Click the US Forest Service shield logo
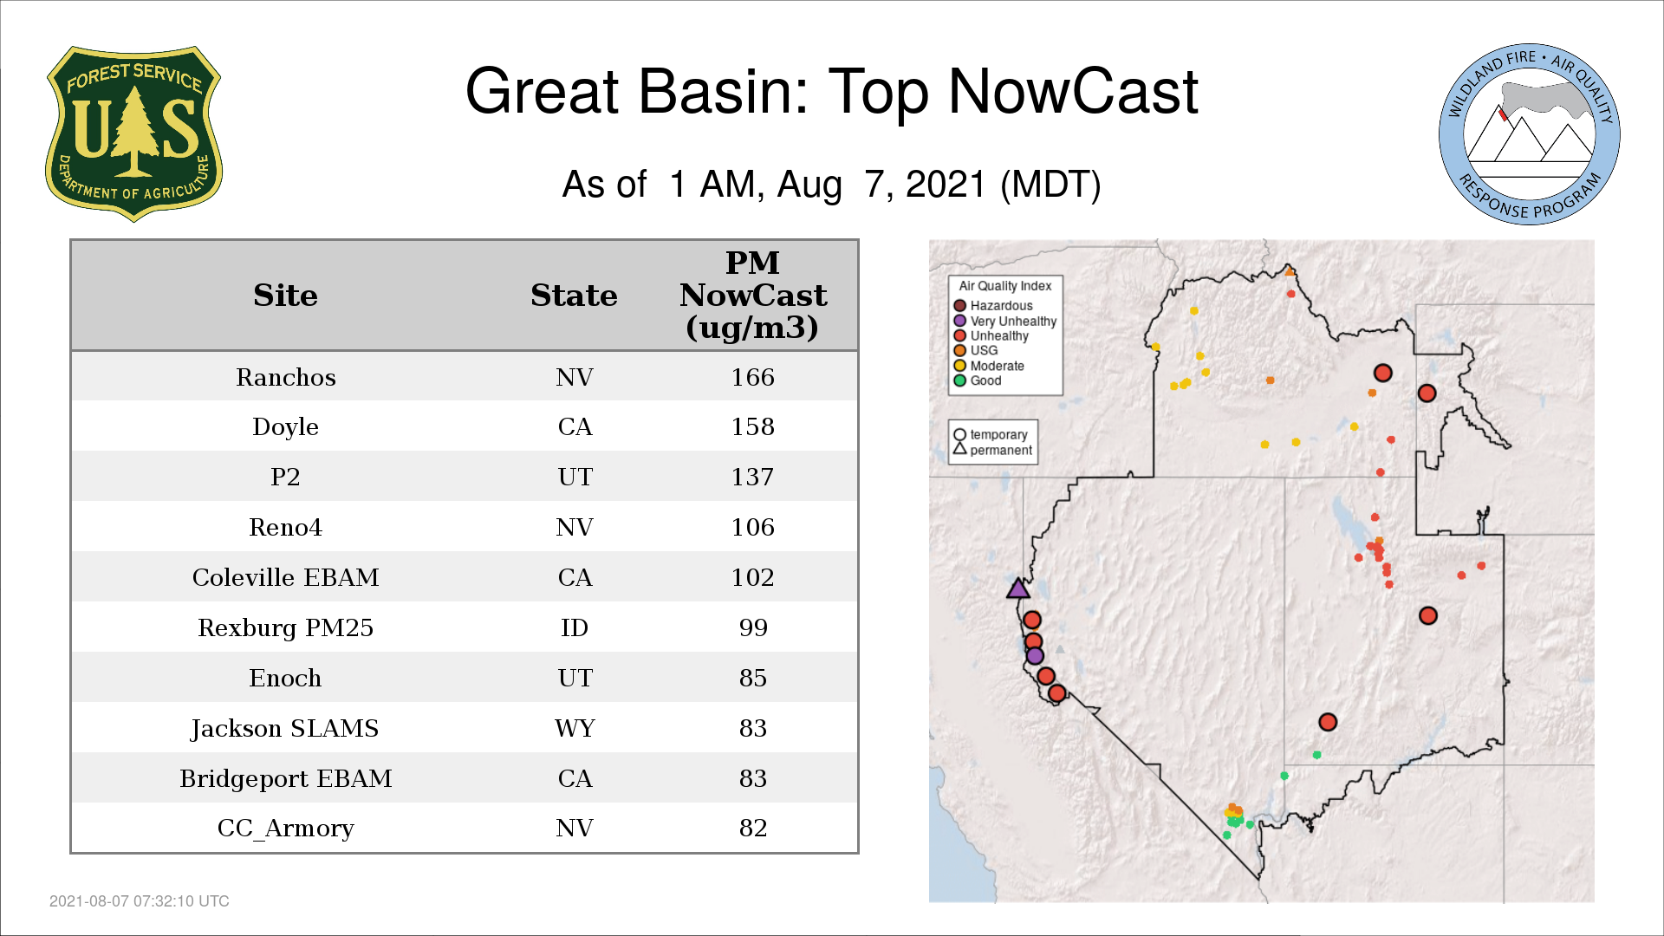133,133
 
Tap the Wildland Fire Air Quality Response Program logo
1529,134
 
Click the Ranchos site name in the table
286,377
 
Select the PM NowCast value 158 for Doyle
752,426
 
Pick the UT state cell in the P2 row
575,477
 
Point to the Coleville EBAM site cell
286,577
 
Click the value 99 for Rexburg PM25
753,627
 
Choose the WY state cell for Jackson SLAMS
575,728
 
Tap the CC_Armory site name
286,829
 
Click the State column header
574,296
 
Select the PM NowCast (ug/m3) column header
752,295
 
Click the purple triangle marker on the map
1018,589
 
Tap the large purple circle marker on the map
1035,656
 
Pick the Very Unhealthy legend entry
1005,321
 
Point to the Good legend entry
978,380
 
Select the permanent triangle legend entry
993,450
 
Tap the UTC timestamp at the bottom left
140,901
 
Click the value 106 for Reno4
752,527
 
